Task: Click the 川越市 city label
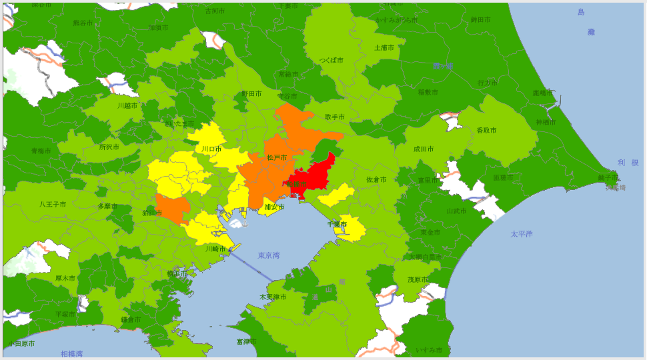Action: (x=127, y=105)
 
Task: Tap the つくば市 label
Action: (x=331, y=60)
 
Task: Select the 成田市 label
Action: (x=424, y=149)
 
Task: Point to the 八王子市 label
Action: (x=53, y=204)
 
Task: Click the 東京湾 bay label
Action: (x=268, y=255)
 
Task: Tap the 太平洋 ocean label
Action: (x=522, y=234)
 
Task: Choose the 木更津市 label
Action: (x=273, y=297)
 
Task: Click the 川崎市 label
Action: (x=216, y=249)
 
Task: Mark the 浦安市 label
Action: (x=274, y=207)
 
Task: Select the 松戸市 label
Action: (x=277, y=157)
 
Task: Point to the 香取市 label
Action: (x=486, y=131)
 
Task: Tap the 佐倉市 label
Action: (x=376, y=179)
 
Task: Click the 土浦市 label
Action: (x=384, y=47)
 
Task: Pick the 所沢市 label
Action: (x=109, y=147)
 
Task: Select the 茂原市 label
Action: (x=418, y=279)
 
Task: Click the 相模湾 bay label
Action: (x=71, y=353)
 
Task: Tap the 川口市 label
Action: (x=211, y=149)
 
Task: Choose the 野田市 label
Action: (x=251, y=94)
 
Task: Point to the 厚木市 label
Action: (x=65, y=278)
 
